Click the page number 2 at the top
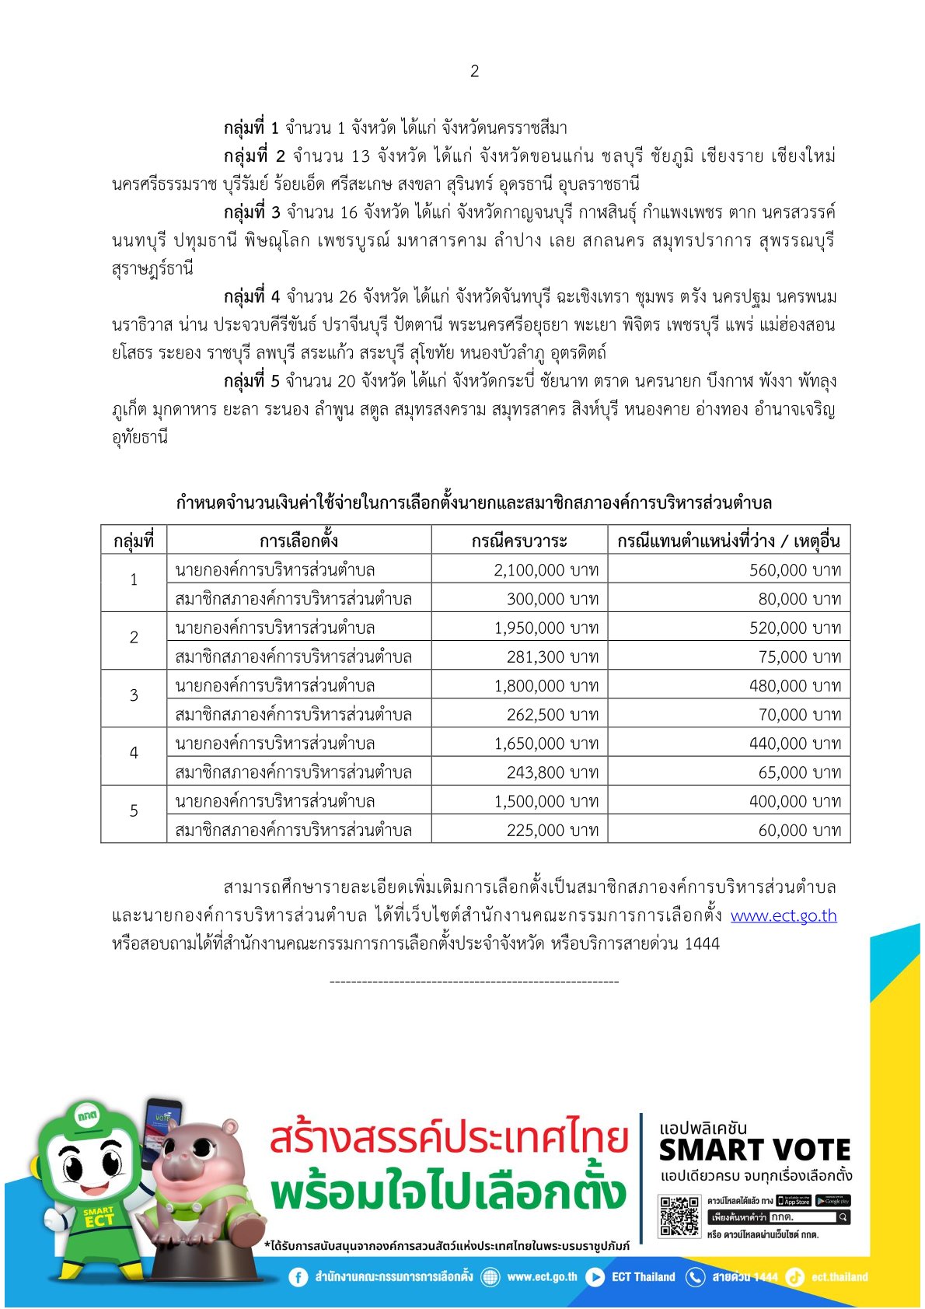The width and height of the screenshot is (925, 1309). (474, 72)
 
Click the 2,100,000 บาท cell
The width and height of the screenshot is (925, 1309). (546, 570)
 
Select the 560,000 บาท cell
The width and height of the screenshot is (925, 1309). (794, 570)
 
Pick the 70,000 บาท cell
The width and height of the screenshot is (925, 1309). (799, 715)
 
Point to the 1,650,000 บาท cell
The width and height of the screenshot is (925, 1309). (546, 744)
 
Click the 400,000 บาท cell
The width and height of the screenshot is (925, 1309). (794, 802)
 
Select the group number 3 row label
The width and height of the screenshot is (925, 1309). (134, 695)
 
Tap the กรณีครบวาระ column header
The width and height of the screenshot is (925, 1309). (519, 541)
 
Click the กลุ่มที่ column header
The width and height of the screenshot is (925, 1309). (134, 541)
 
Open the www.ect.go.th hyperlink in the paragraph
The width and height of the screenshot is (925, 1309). (784, 916)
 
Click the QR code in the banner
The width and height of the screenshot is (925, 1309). (679, 1216)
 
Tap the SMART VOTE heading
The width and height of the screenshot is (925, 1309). (754, 1150)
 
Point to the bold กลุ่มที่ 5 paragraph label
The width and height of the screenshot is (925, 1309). (251, 381)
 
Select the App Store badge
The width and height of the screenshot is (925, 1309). (794, 1201)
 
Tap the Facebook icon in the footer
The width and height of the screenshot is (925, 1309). (298, 1277)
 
